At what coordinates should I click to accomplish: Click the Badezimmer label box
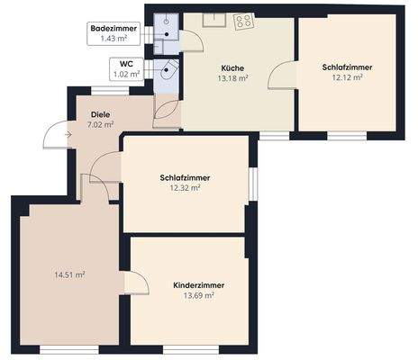click(x=114, y=34)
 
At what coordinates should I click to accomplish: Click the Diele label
click(x=101, y=114)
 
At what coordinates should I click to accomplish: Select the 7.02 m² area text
click(x=101, y=125)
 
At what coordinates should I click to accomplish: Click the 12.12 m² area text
click(x=347, y=77)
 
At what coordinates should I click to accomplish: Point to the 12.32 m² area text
click(x=185, y=187)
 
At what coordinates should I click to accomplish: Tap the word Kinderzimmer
click(x=199, y=284)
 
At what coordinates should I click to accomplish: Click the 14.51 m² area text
click(x=70, y=274)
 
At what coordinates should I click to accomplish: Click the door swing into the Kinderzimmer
click(x=137, y=281)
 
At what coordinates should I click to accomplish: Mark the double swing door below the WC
click(x=167, y=106)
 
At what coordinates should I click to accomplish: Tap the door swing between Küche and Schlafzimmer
click(x=283, y=77)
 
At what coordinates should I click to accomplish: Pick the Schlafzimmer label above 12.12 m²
click(x=347, y=67)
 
